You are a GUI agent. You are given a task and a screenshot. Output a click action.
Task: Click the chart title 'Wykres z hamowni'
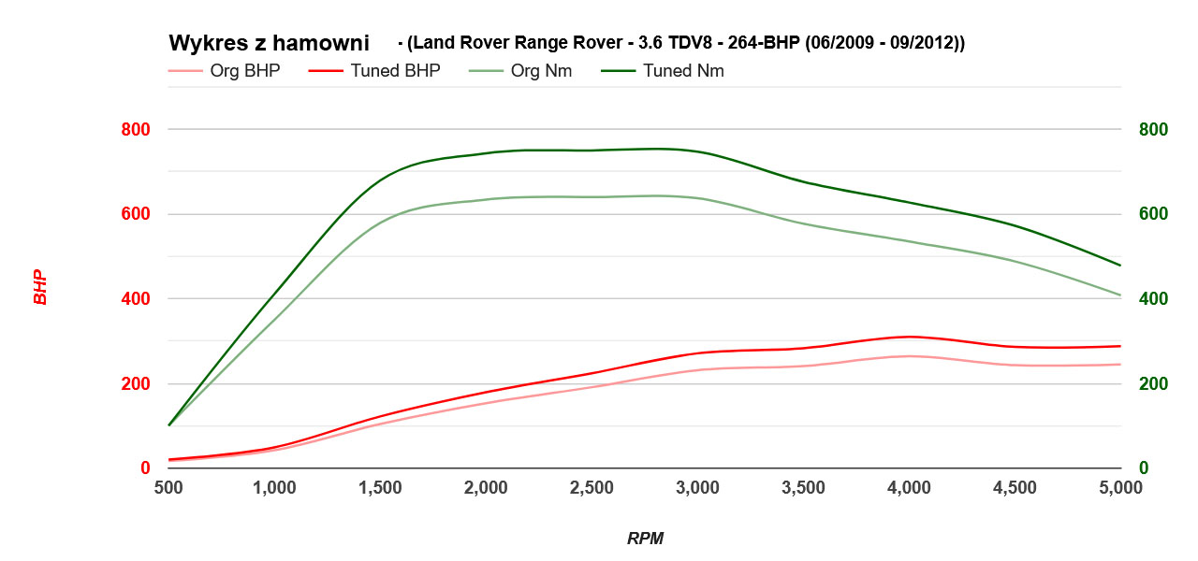point(269,43)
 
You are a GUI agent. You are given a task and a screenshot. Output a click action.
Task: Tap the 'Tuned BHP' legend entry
point(395,71)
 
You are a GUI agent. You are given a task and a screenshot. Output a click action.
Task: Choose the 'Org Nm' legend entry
point(541,71)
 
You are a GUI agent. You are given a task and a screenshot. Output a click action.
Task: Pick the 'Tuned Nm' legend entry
point(683,71)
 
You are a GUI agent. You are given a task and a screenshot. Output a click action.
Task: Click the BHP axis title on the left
point(39,288)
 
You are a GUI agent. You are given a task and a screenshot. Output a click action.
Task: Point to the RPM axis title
point(645,539)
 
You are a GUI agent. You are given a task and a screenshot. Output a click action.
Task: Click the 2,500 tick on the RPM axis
point(592,488)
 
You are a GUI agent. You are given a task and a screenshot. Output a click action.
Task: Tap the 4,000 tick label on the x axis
point(909,488)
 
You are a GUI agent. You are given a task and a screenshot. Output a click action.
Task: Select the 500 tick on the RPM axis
point(168,488)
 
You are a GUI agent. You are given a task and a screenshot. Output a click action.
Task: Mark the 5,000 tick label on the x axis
point(1120,488)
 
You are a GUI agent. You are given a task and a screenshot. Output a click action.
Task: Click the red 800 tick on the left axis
point(137,129)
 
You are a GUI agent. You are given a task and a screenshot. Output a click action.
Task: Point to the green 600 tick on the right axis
point(1153,214)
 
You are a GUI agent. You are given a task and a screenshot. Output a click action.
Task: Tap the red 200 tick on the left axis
point(137,384)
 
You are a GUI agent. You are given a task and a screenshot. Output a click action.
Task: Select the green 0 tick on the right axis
point(1144,468)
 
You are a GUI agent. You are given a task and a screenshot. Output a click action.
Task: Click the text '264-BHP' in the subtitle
point(762,43)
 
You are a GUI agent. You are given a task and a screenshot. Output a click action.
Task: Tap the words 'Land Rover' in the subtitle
point(450,43)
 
